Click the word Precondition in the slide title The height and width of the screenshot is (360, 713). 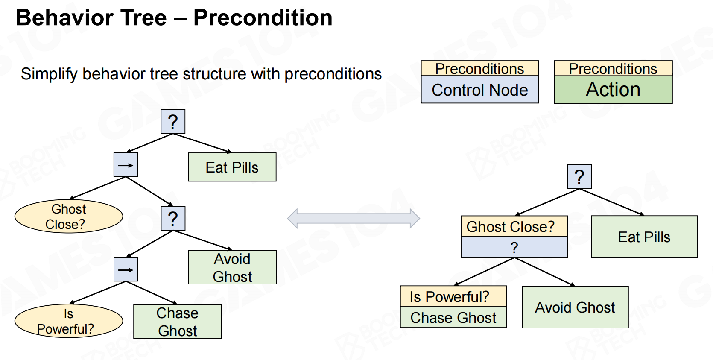[x=263, y=18]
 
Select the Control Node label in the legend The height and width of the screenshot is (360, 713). [x=479, y=90]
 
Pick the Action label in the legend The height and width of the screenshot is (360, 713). [x=613, y=90]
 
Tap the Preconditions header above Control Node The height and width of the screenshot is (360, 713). [x=479, y=69]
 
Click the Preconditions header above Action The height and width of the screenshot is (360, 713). [x=613, y=69]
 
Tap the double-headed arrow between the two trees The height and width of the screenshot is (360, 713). [x=354, y=218]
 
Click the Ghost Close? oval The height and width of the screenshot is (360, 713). [x=68, y=217]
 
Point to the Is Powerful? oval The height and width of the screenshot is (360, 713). [x=68, y=321]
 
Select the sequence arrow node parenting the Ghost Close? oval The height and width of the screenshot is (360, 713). [x=126, y=165]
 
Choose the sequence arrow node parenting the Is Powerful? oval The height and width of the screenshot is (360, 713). [x=126, y=269]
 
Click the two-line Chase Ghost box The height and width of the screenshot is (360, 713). [x=177, y=322]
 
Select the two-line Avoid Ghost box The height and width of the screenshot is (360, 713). [x=232, y=267]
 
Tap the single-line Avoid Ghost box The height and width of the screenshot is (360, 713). [x=575, y=307]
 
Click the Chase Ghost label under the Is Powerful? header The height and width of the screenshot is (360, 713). [x=453, y=318]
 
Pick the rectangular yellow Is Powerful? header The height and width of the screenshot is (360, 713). [x=453, y=296]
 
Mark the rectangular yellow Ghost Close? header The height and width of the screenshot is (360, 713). [x=514, y=226]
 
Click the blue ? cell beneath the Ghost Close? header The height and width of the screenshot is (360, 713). [x=514, y=248]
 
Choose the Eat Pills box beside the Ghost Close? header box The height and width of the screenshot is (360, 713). [x=644, y=237]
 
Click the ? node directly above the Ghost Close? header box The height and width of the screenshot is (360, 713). [x=579, y=176]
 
